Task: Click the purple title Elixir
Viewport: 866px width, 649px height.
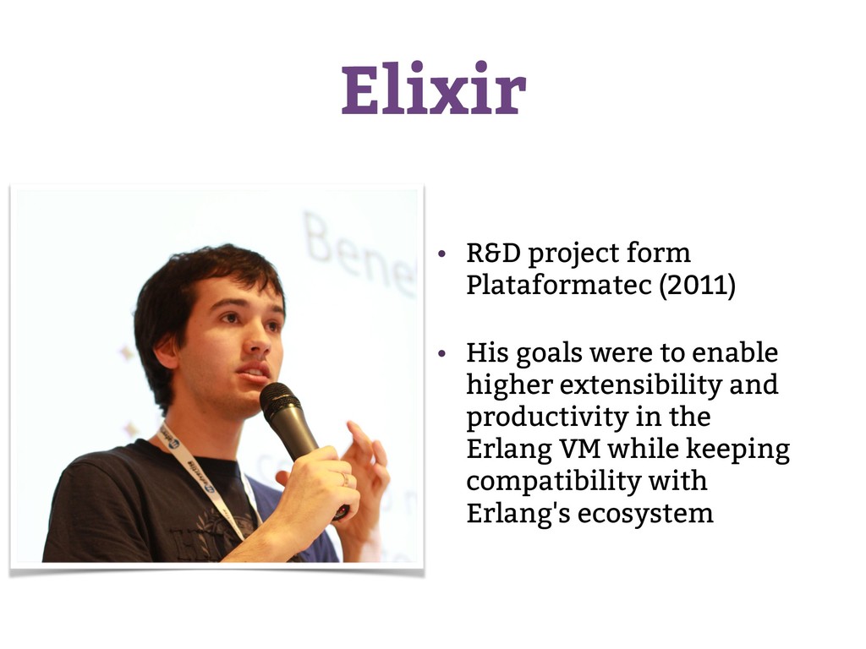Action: (433, 88)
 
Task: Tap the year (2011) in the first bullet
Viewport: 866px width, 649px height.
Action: (697, 286)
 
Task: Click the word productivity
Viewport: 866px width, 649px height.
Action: (547, 417)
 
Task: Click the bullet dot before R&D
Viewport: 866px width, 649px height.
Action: (441, 254)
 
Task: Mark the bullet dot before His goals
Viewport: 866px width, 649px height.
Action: (441, 353)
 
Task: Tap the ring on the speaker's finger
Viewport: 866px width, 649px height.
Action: (345, 478)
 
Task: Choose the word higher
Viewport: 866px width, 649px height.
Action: (509, 385)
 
